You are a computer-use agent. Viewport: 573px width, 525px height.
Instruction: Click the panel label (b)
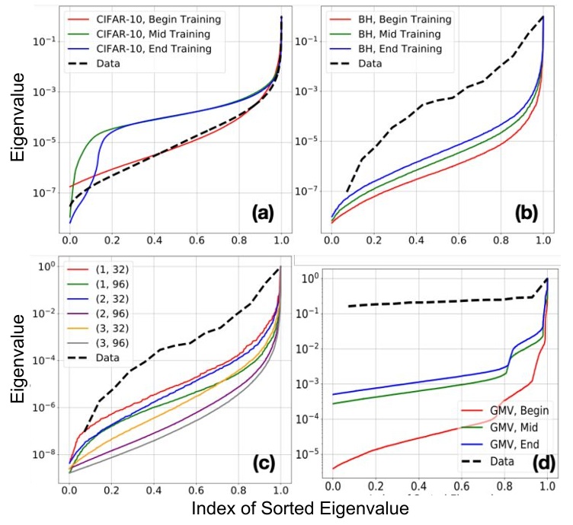point(526,212)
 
